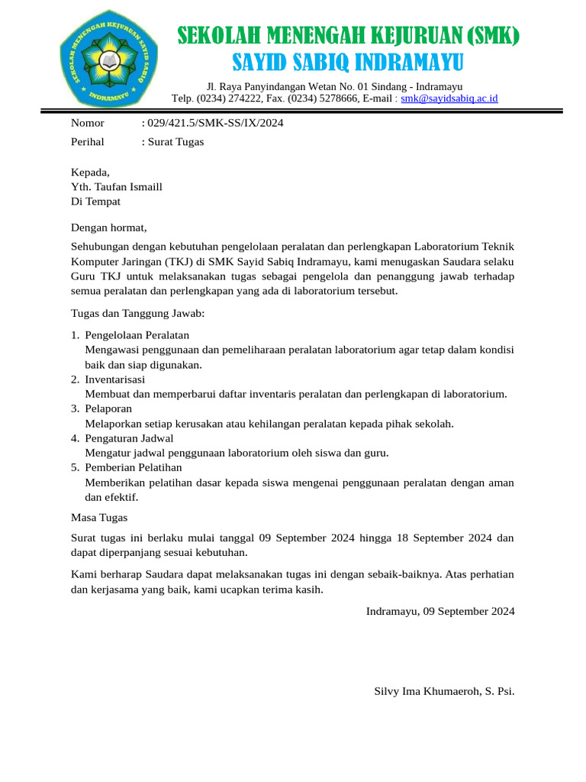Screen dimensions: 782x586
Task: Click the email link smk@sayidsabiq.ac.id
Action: click(x=449, y=99)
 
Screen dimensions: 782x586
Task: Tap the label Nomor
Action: click(x=88, y=123)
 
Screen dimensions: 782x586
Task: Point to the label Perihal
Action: click(x=88, y=141)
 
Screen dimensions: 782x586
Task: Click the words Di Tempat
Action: click(x=95, y=202)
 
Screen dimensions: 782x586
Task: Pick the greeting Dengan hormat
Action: click(x=108, y=227)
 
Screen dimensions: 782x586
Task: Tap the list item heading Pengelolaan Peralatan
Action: click(x=137, y=335)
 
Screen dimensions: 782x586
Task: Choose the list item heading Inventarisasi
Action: click(x=115, y=380)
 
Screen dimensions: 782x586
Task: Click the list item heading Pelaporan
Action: click(x=108, y=409)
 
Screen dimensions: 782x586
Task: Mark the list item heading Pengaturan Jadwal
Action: click(x=129, y=438)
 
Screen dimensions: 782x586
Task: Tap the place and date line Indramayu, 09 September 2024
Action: click(x=440, y=611)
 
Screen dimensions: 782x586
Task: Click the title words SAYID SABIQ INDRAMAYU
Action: click(x=347, y=62)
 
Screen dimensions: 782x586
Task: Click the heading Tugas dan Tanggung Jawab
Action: click(x=137, y=313)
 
